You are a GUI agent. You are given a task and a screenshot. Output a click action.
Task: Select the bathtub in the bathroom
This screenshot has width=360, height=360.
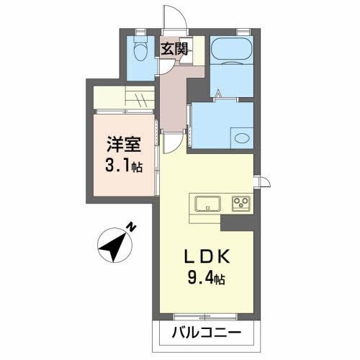[230, 52]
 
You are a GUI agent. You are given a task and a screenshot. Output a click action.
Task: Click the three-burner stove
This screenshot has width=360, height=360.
[240, 203]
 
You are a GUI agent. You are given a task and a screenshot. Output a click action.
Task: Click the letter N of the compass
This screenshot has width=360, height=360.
[132, 228]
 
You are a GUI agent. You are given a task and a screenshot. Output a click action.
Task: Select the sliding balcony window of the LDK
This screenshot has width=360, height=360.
[205, 315]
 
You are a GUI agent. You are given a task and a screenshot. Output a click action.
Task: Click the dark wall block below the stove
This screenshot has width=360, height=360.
[238, 222]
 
